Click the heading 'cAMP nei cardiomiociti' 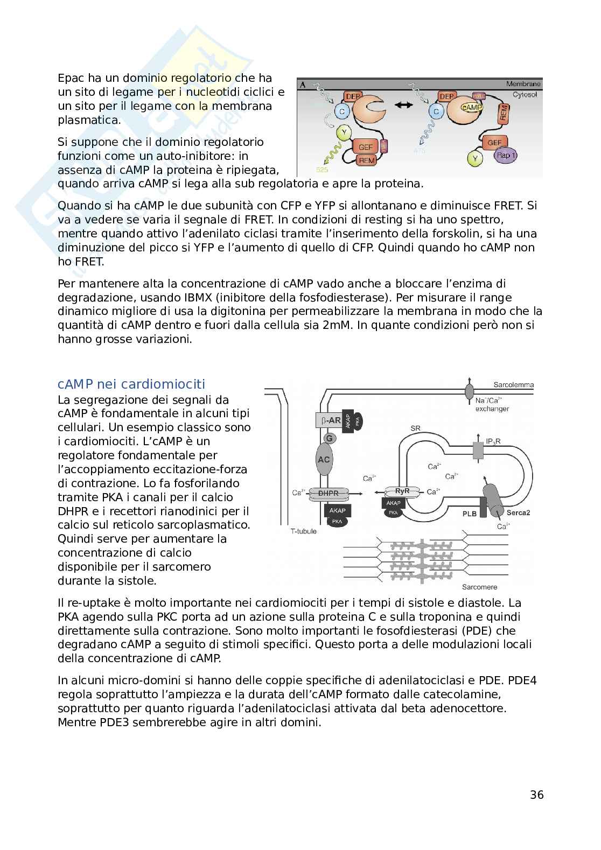(131, 384)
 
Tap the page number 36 (536, 795)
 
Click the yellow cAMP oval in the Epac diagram (471, 107)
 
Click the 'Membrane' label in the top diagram (523, 84)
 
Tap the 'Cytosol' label (527, 94)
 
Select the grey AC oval (324, 460)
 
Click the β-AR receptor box (328, 421)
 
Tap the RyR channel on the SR (402, 491)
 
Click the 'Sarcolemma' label (513, 384)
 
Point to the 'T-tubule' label (303, 531)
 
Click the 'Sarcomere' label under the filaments (479, 587)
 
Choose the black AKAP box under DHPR (337, 510)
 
